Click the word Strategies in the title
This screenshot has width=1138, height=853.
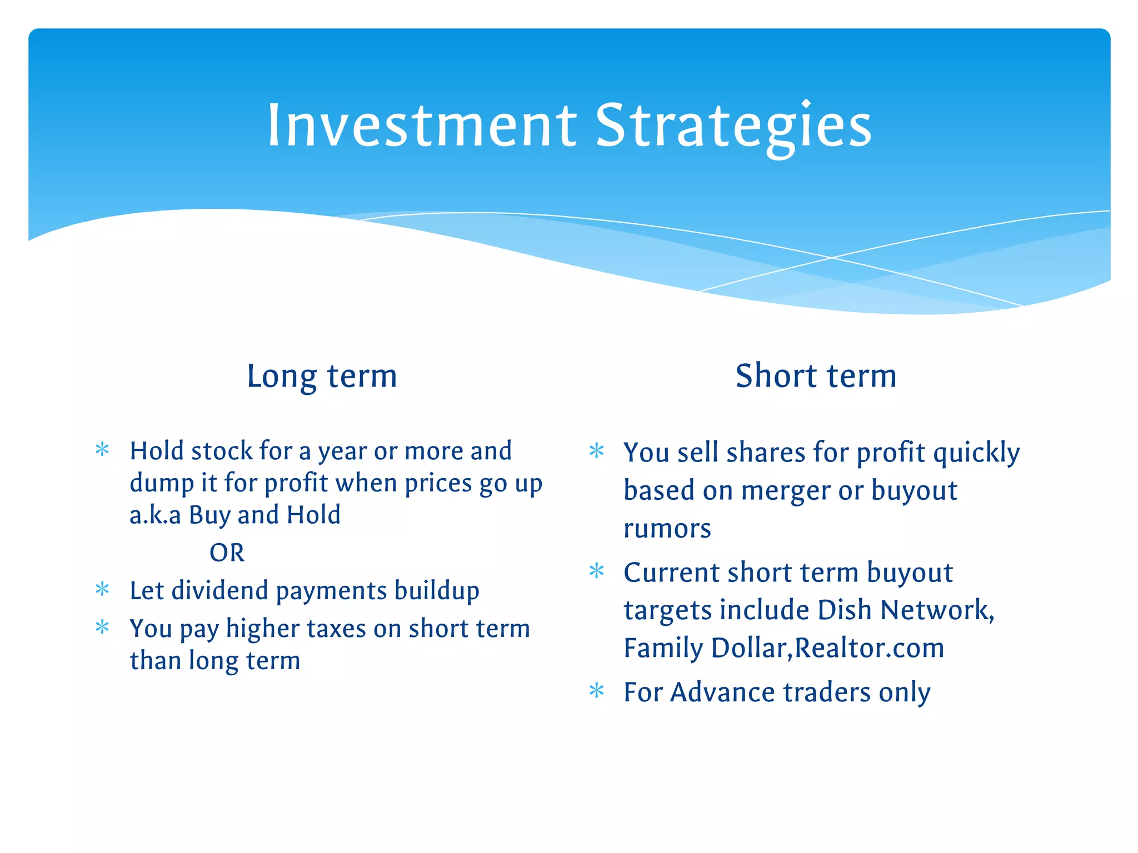[733, 127]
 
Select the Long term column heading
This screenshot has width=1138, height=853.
[322, 376]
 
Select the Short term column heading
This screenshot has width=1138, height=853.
[816, 376]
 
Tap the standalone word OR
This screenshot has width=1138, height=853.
[227, 553]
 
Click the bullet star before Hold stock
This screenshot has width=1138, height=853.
[102, 449]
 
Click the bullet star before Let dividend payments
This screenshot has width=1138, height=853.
[102, 589]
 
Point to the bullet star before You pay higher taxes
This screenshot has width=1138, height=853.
[102, 628]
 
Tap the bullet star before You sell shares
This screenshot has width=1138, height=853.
[596, 450]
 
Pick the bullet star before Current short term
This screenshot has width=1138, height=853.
[596, 571]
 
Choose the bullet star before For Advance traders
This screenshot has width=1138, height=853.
[596, 691]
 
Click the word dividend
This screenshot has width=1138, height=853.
[220, 590]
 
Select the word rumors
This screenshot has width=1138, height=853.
[667, 528]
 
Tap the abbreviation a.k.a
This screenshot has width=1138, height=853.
[155, 515]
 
